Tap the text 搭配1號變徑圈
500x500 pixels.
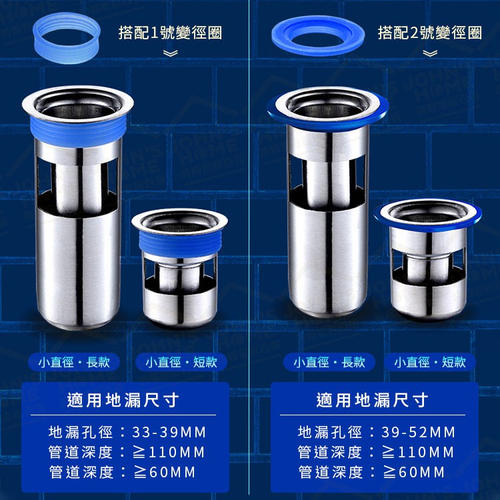coord(170,33)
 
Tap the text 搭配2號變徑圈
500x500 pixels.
coord(429,33)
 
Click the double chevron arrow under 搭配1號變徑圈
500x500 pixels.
coord(170,53)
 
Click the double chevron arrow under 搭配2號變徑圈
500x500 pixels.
coord(430,53)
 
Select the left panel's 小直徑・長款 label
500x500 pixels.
coord(74,362)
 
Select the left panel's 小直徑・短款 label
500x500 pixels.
coord(181,362)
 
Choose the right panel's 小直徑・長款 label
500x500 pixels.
coord(329,362)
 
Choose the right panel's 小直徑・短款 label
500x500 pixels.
coord(430,362)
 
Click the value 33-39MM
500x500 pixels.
coord(169,433)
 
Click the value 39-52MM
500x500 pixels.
coord(419,433)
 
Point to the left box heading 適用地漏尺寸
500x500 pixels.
coord(123,400)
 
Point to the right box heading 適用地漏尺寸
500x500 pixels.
coord(373,400)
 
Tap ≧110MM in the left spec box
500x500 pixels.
coord(169,453)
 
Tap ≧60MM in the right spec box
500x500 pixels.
coord(413,472)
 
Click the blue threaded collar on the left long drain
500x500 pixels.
coord(79,131)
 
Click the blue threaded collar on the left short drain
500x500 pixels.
coord(180,243)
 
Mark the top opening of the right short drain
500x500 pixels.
coord(428,213)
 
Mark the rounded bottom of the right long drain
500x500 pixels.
coord(329,306)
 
